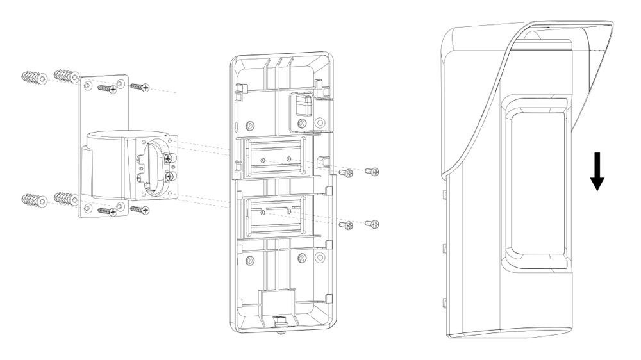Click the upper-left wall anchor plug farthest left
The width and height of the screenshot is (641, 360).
(32, 78)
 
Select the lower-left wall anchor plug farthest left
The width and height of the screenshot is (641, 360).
(32, 200)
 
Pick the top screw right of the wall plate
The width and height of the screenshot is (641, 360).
(140, 86)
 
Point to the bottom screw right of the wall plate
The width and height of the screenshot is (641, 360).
(140, 209)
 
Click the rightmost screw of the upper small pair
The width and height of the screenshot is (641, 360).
(372, 171)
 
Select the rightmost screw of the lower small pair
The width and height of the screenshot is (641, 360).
(372, 224)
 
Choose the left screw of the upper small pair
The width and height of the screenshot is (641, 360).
(347, 172)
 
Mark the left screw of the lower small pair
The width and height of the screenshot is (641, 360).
(347, 225)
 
